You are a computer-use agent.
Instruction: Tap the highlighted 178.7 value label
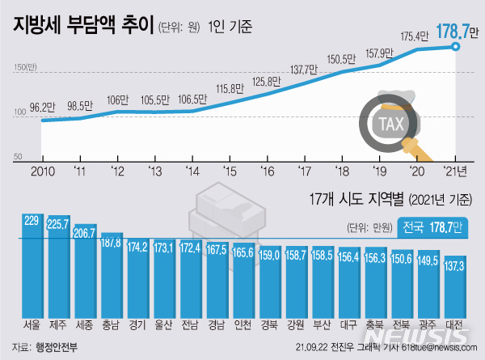click(x=453, y=33)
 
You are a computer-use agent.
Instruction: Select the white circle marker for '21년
click(x=457, y=48)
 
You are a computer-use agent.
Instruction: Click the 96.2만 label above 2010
click(x=44, y=106)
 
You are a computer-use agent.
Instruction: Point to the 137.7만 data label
click(x=306, y=67)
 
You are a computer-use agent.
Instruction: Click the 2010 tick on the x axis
click(x=43, y=170)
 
